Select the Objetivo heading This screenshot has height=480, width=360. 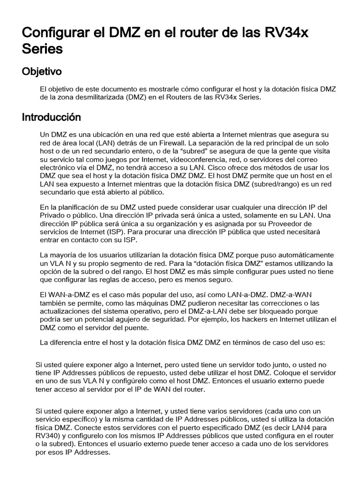(x=42, y=72)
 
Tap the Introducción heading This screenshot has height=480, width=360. (x=51, y=117)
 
